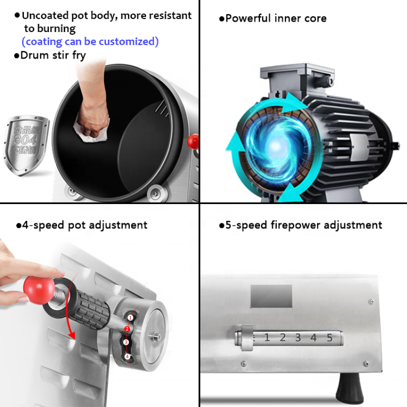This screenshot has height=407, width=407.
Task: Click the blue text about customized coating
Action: [x=90, y=41]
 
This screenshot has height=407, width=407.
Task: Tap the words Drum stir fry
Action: [x=50, y=55]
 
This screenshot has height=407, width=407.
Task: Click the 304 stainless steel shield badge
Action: [x=30, y=138]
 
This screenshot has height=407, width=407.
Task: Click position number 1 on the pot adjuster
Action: [x=131, y=318]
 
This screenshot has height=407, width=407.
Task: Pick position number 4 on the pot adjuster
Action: [x=128, y=357]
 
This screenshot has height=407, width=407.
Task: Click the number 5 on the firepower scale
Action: [x=329, y=337]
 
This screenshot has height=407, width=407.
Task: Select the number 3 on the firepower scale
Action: [x=298, y=337]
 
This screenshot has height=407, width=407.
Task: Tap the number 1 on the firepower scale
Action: [x=267, y=337]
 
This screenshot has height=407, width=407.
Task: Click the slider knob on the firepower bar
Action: [x=247, y=337]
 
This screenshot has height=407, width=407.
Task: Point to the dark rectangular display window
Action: [x=272, y=296]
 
